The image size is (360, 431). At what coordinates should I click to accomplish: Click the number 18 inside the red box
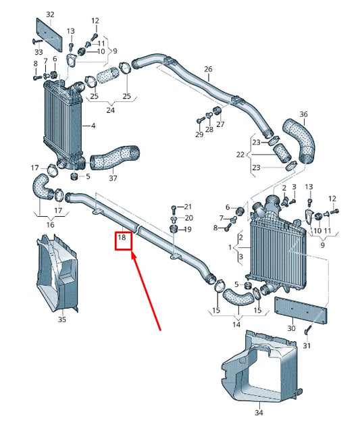(122, 238)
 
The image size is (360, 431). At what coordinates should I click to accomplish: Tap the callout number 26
(208, 70)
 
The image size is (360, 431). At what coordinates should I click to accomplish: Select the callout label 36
(303, 114)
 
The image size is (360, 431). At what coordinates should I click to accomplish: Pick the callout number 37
(113, 178)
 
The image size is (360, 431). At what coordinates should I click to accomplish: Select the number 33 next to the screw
(38, 52)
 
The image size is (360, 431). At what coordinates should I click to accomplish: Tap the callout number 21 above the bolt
(188, 206)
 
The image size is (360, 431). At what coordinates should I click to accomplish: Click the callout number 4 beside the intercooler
(93, 126)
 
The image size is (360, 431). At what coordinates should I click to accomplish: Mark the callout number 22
(241, 155)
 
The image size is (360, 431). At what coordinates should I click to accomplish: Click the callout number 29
(199, 135)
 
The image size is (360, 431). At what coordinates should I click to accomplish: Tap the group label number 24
(110, 109)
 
